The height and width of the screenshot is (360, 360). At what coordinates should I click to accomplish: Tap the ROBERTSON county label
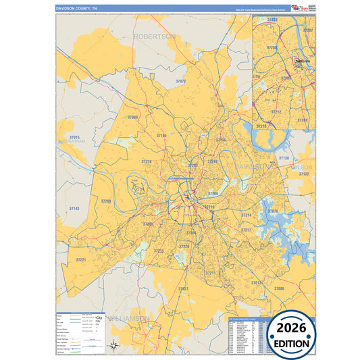(155, 36)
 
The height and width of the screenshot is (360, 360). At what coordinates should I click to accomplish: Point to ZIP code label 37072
(180, 81)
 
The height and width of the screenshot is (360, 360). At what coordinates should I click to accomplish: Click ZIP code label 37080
(132, 118)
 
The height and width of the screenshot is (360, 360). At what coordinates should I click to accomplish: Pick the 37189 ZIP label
(161, 136)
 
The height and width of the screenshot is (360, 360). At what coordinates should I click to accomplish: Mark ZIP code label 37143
(74, 209)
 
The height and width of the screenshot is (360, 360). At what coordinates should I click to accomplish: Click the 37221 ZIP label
(82, 259)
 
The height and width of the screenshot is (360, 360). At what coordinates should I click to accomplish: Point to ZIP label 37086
(280, 288)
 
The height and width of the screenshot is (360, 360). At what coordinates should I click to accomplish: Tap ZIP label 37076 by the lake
(273, 211)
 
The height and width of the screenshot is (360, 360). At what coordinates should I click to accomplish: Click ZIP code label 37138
(284, 158)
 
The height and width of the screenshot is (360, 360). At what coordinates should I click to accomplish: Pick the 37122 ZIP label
(303, 174)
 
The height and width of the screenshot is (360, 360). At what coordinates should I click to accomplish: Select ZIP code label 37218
(147, 162)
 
